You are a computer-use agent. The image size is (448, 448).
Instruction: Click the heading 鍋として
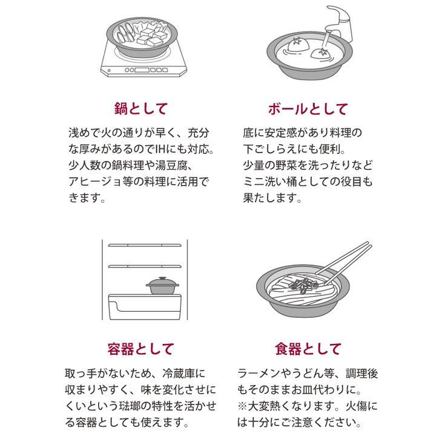[140, 109]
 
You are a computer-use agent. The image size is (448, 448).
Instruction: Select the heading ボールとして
[308, 109]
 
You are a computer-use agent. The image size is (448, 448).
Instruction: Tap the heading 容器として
[140, 349]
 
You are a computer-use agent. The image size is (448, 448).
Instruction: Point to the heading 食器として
[308, 349]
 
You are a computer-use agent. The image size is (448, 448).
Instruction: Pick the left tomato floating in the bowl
[297, 44]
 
